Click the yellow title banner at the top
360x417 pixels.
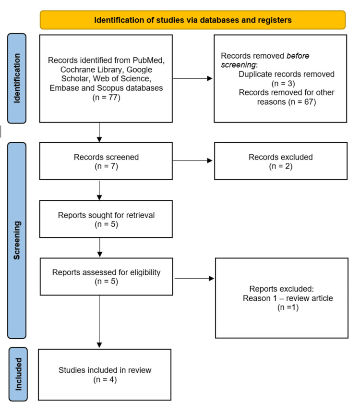click(x=192, y=20)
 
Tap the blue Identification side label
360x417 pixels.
click(x=17, y=78)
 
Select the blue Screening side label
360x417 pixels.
click(x=17, y=240)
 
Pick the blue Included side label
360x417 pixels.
click(x=18, y=374)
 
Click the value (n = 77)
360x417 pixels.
click(x=106, y=98)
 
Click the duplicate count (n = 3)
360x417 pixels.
click(x=283, y=84)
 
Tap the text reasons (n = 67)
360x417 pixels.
click(x=287, y=102)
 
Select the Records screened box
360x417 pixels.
click(x=106, y=161)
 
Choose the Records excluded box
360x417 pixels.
click(x=281, y=161)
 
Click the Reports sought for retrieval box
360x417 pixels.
click(x=106, y=219)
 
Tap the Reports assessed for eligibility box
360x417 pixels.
click(x=106, y=277)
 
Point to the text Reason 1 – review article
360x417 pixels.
click(x=288, y=298)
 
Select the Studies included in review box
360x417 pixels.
click(x=105, y=375)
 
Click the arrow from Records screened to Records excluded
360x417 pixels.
click(x=192, y=160)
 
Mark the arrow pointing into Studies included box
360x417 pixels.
click(x=99, y=321)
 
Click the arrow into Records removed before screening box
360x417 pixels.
click(x=192, y=78)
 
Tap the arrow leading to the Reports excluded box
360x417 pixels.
click(x=194, y=279)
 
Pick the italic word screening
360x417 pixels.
click(x=238, y=65)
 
